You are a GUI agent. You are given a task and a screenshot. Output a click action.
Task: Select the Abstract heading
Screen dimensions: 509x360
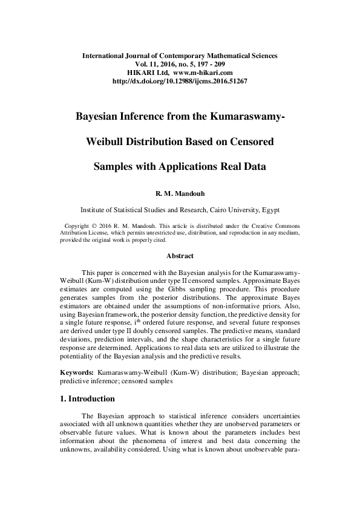point(180,256)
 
